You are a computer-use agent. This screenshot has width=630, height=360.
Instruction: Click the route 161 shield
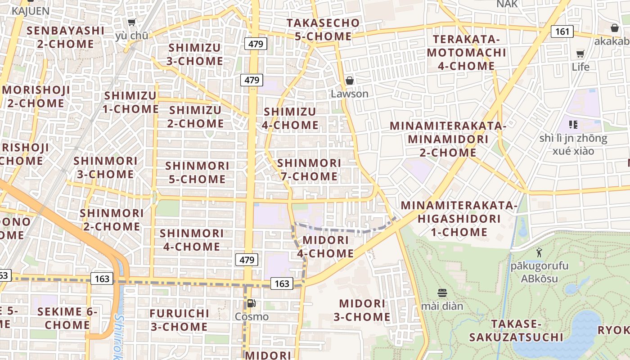pos(562,31)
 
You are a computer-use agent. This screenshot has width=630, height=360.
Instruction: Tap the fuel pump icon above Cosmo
pos(252,303)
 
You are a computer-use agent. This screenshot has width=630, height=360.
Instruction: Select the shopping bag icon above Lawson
pos(349,81)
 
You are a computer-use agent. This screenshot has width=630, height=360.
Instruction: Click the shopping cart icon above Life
pos(580,54)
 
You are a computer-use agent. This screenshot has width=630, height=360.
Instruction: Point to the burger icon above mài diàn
pos(442,293)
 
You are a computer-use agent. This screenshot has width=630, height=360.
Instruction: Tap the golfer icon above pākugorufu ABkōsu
pos(540,252)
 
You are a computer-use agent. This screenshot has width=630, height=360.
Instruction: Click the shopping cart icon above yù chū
pos(131,22)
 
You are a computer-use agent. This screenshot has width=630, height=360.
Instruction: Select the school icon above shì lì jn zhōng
pos(573,125)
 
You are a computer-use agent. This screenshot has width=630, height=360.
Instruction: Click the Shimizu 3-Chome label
pos(195,54)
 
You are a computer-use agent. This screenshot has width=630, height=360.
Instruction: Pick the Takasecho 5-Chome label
pos(323,30)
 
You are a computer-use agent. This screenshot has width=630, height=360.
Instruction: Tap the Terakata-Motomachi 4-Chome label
pos(466,53)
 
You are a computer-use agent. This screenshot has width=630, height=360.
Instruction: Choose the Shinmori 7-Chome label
pos(309,170)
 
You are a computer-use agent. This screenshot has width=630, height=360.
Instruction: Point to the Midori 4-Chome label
pos(325,247)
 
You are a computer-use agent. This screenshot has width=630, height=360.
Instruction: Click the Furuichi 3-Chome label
pos(179,320)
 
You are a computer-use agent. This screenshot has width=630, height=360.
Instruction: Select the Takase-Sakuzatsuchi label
pos(516,330)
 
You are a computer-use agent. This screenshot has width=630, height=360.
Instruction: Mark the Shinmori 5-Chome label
pos(197,172)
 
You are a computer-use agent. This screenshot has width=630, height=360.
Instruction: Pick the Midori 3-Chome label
pos(362,310)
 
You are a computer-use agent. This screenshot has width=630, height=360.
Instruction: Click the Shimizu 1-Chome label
pos(130,102)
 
